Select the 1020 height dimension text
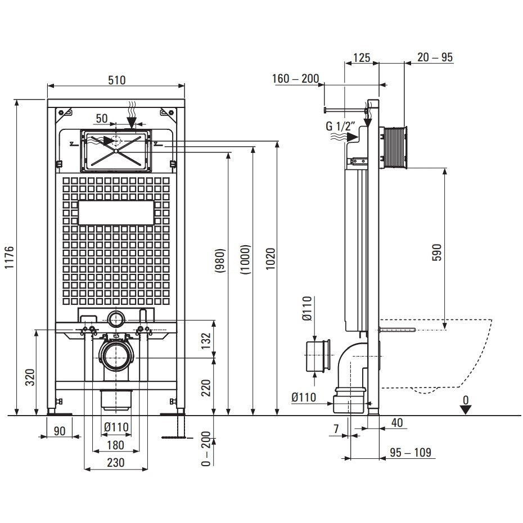270,259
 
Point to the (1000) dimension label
245,259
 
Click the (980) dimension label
220,261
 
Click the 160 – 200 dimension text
295,78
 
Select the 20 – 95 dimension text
435,57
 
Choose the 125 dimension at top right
360,57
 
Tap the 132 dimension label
206,340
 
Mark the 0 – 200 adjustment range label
206,448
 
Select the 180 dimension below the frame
115,445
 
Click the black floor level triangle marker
465,409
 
